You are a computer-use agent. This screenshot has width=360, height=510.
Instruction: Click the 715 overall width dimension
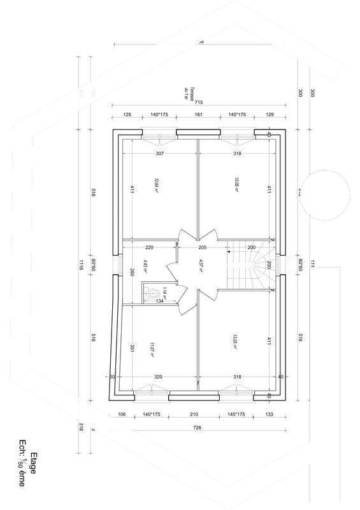tap(198, 103)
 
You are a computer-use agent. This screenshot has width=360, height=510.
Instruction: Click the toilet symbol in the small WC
tap(150, 293)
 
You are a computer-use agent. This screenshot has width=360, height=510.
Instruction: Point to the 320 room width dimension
tap(159, 377)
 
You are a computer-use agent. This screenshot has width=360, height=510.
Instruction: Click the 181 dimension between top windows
tap(198, 115)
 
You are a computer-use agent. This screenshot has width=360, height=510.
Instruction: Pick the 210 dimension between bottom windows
tap(194, 414)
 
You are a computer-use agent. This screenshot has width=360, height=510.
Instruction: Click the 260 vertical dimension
tap(132, 273)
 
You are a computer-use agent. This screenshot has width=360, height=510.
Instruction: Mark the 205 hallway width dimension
tap(203, 247)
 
